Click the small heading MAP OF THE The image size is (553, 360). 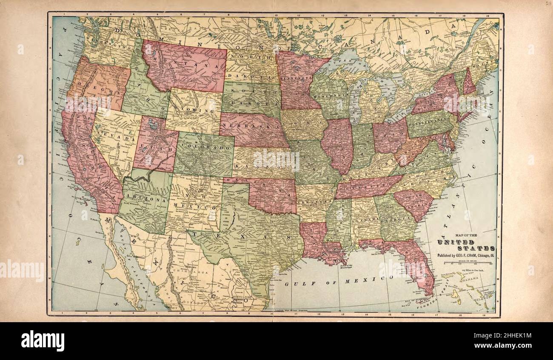tap(466, 235)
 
